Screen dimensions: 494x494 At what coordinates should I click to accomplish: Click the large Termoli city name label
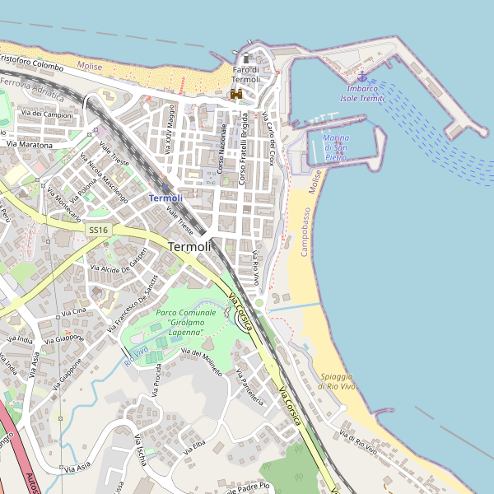[x=189, y=246]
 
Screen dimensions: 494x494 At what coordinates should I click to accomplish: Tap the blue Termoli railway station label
[x=165, y=198]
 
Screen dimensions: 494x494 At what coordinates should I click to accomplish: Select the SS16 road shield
[x=99, y=231]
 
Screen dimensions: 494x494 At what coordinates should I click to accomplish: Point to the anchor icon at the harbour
[x=361, y=77]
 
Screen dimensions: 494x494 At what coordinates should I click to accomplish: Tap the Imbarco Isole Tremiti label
[x=362, y=93]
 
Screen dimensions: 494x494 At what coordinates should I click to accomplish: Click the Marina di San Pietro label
[x=336, y=147]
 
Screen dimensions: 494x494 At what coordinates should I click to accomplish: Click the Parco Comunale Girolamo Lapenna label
[x=185, y=322]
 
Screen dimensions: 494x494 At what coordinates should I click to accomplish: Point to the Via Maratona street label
[x=30, y=145]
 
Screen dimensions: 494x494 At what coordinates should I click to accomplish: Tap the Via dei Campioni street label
[x=48, y=114]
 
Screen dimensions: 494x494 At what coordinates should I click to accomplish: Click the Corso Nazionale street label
[x=222, y=148]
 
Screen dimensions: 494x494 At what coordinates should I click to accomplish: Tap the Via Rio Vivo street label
[x=256, y=268]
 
